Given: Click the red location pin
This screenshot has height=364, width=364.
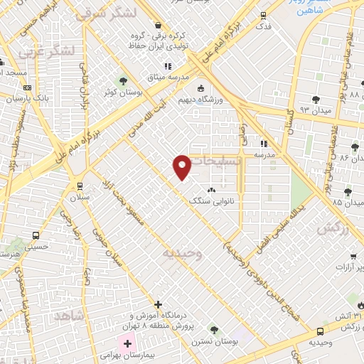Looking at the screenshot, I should point(183,166).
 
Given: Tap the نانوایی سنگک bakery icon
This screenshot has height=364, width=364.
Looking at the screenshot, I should point(210,191).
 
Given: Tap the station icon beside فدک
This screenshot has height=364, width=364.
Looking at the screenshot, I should point(264,15).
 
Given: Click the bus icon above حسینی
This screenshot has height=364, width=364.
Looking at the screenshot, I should point(35,235).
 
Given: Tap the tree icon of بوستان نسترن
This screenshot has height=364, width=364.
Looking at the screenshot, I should point(213,329).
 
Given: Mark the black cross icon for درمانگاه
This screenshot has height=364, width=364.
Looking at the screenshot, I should point(158,304).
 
